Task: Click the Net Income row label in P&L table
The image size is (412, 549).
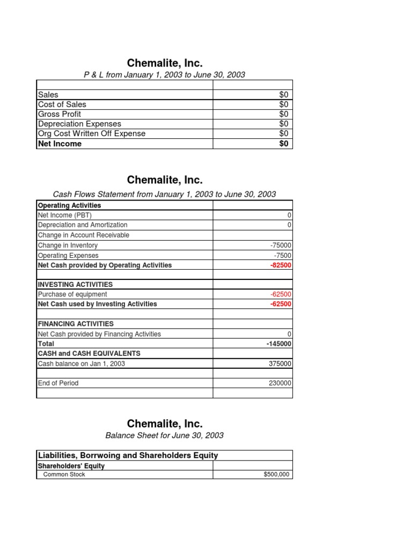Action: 60,144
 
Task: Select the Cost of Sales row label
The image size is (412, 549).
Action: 62,104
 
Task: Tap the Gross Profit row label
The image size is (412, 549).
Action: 60,114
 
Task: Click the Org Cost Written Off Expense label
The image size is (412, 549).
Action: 92,133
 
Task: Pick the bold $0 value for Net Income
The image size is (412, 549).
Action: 283,144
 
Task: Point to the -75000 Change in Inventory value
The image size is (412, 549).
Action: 281,246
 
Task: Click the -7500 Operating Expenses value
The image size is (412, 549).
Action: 283,256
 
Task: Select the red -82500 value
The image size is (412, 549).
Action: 281,265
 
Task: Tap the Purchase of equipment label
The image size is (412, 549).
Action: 72,294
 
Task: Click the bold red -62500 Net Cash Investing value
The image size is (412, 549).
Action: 281,304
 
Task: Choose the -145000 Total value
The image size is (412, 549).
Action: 279,344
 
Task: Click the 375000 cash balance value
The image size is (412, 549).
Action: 280,363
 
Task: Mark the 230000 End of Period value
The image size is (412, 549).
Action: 280,383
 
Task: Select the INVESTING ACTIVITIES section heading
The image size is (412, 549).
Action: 75,285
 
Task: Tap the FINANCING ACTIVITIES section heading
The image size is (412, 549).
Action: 76,324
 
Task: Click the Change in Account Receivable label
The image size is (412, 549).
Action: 83,235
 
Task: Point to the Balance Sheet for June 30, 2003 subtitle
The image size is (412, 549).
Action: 165,435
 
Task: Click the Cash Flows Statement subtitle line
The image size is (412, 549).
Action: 165,194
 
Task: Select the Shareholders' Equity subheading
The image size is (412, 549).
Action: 71,466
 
